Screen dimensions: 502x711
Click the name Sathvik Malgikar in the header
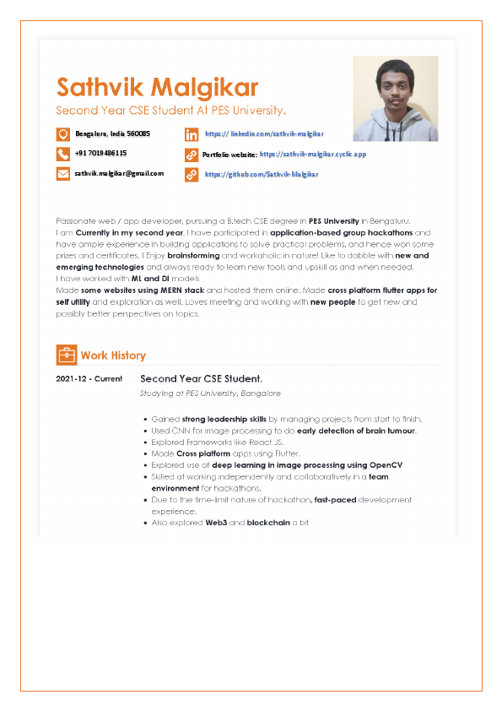[157, 87]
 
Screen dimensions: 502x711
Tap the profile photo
[395, 99]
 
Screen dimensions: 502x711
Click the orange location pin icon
[63, 134]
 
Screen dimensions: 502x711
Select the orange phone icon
[63, 154]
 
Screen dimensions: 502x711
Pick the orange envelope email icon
[63, 174]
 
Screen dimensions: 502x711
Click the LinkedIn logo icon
[192, 134]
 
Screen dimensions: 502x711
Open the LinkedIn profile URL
[264, 134]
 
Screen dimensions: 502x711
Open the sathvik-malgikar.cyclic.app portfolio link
[312, 155]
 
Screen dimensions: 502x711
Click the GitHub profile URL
[262, 174]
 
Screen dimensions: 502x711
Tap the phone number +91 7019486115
[100, 154]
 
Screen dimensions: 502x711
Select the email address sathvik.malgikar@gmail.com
[119, 173]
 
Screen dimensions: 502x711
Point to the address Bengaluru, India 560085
[112, 134]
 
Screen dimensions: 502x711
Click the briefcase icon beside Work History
[66, 355]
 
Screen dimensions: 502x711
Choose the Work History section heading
[113, 355]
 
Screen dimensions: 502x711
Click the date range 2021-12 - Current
[89, 379]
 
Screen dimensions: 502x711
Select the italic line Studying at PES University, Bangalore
[210, 393]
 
